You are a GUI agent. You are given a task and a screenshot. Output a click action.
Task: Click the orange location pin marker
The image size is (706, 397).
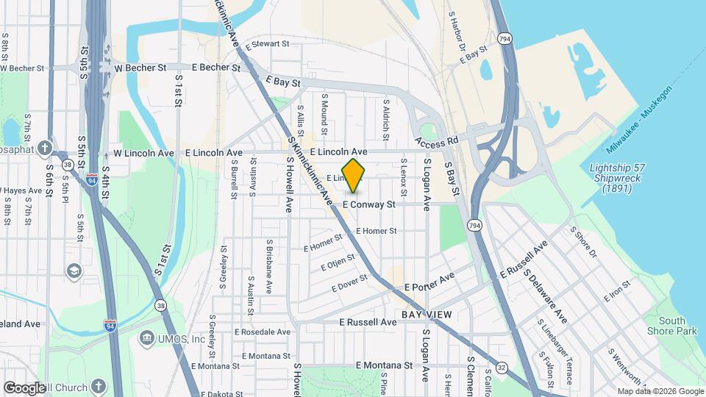(x=353, y=176)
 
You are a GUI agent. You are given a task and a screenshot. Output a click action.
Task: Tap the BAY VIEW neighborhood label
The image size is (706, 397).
(x=421, y=315)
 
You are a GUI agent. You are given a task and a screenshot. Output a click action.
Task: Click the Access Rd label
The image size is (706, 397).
(x=437, y=140)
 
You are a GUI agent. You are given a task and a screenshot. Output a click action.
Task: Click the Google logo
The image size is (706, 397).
(x=24, y=387)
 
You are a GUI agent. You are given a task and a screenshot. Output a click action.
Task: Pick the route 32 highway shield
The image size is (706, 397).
(x=502, y=367)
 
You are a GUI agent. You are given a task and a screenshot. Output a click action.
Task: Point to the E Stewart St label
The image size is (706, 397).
(x=268, y=44)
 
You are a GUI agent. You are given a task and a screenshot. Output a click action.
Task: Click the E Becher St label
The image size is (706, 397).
(x=215, y=67)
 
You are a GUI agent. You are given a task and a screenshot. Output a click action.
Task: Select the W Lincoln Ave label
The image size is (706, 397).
(x=143, y=153)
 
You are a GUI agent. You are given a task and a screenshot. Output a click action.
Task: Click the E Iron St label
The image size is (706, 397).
(x=616, y=292)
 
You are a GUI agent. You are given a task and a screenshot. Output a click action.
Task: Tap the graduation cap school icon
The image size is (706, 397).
(x=74, y=271)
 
